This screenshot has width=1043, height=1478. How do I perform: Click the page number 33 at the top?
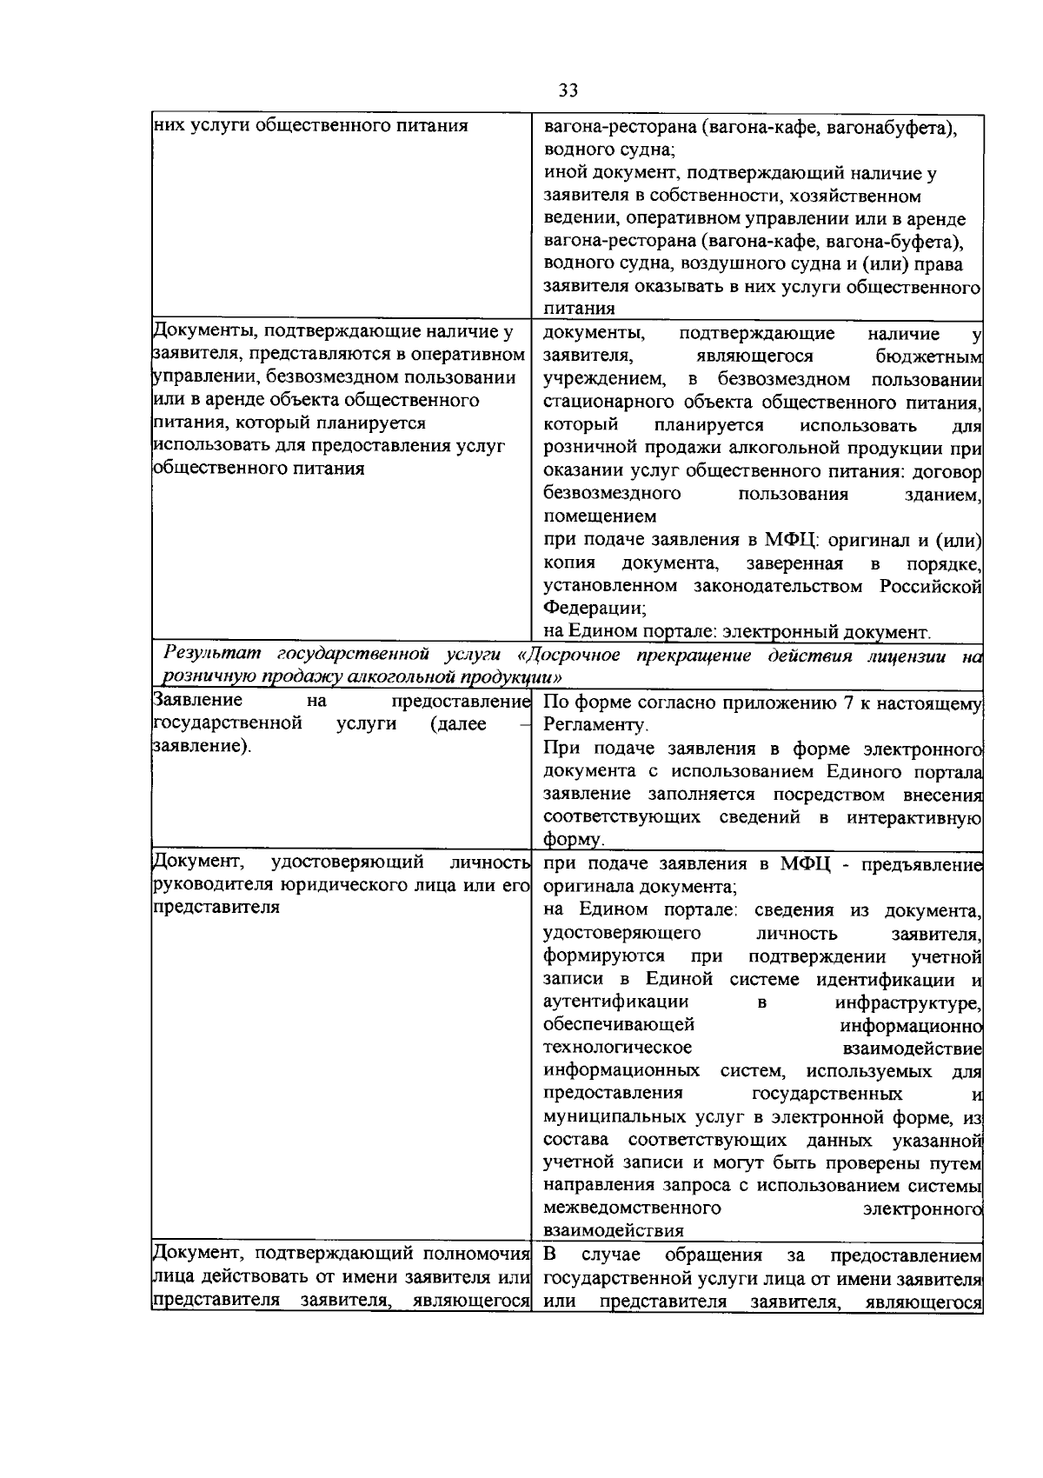[568, 90]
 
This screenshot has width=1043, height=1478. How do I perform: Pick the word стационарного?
[599, 402]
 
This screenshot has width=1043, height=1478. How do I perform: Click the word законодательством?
[781, 586]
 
